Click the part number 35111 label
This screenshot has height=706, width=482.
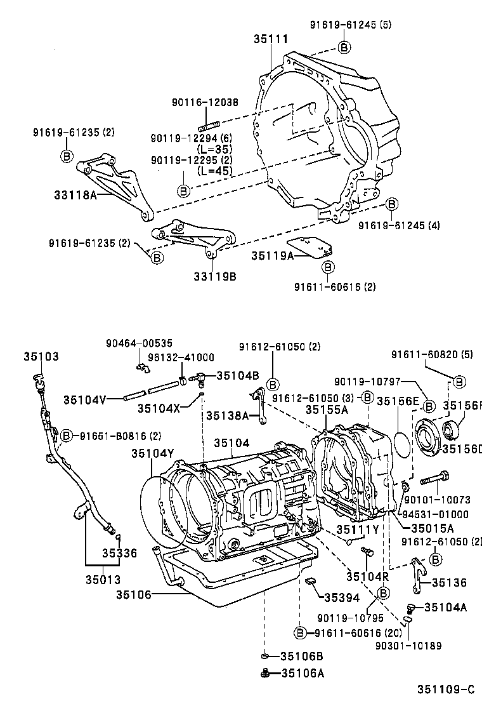pyautogui.click(x=271, y=39)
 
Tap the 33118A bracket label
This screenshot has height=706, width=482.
pyautogui.click(x=75, y=196)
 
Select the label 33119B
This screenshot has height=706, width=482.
pyautogui.click(x=215, y=276)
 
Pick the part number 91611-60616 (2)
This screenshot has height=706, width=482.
pyautogui.click(x=334, y=286)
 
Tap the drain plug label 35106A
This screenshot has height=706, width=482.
pyautogui.click(x=302, y=673)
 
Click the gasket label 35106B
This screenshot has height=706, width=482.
pyautogui.click(x=302, y=656)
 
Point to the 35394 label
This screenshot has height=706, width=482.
pyautogui.click(x=341, y=597)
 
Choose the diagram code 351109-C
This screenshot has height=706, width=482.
pyautogui.click(x=445, y=689)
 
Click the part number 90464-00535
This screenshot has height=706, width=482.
pyautogui.click(x=138, y=343)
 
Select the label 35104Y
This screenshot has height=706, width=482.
pyautogui.click(x=153, y=453)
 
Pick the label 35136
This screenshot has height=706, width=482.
pyautogui.click(x=449, y=582)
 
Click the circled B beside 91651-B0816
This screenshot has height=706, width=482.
pyautogui.click(x=66, y=436)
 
